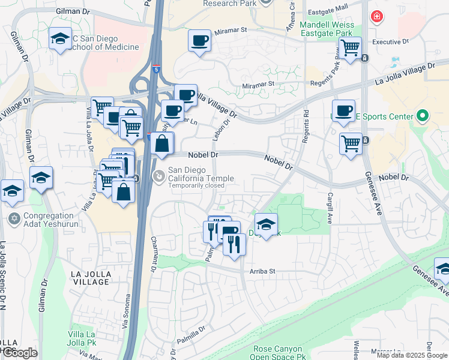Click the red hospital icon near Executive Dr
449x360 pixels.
pos(376,17)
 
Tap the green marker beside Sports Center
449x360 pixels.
pos(422,116)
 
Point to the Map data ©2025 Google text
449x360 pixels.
pos(411,355)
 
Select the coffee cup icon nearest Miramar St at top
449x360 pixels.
pos(199,41)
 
